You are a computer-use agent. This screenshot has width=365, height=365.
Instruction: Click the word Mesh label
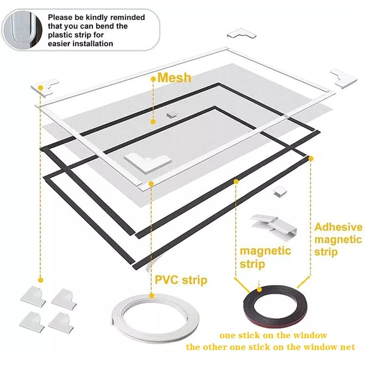(x=174, y=77)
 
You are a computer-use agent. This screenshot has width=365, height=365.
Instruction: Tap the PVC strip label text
(x=181, y=280)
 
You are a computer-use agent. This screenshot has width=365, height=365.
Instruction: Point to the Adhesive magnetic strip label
(x=338, y=239)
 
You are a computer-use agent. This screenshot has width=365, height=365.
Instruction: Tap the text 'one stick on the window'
(x=273, y=335)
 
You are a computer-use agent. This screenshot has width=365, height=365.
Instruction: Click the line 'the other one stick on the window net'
(x=271, y=347)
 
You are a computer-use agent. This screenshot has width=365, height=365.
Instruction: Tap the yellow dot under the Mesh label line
(x=153, y=121)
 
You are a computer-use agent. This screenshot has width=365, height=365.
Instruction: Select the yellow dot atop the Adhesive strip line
(x=311, y=158)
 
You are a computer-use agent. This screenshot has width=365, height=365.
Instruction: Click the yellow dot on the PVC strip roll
(x=151, y=295)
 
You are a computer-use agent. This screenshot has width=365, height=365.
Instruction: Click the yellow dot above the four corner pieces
(x=41, y=279)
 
